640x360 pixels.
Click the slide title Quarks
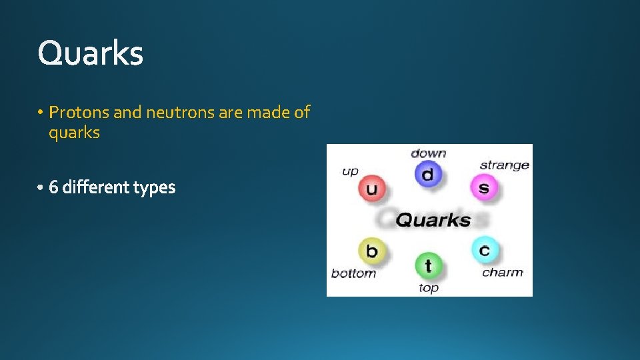(90, 53)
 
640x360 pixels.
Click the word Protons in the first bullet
(79, 113)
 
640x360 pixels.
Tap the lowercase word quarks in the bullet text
(74, 133)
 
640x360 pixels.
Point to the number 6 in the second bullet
(54, 188)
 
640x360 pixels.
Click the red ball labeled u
(371, 189)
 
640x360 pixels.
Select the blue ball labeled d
(427, 175)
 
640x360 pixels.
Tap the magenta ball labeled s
(483, 187)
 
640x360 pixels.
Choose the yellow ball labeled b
(371, 251)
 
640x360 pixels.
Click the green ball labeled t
(427, 265)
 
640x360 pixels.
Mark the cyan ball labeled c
(484, 250)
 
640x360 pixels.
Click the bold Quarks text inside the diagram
(433, 219)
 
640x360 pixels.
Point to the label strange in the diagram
(504, 165)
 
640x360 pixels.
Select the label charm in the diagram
(502, 272)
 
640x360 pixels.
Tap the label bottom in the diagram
(353, 273)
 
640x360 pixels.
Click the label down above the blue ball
(428, 153)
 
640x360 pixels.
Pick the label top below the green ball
(429, 288)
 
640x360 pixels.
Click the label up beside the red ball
(350, 171)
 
